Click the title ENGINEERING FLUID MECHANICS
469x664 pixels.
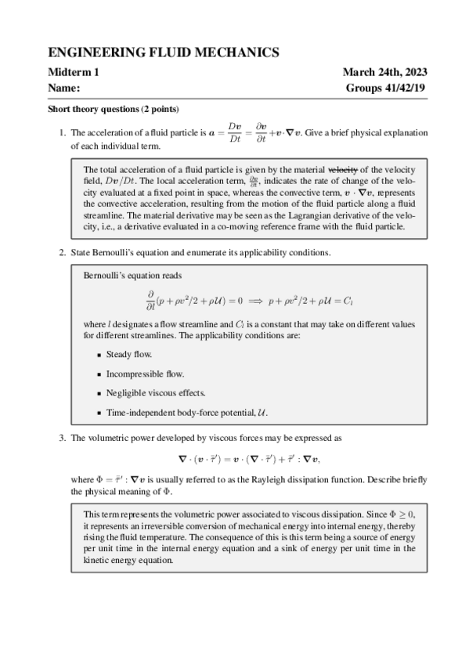coord(164,52)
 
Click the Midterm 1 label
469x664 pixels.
coord(74,73)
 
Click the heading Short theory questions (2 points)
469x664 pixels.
coord(114,109)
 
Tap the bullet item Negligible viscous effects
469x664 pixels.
coord(150,392)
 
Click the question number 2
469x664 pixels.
coord(63,252)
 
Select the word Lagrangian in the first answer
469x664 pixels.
coord(320,215)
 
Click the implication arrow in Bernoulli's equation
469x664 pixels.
coord(254,300)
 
